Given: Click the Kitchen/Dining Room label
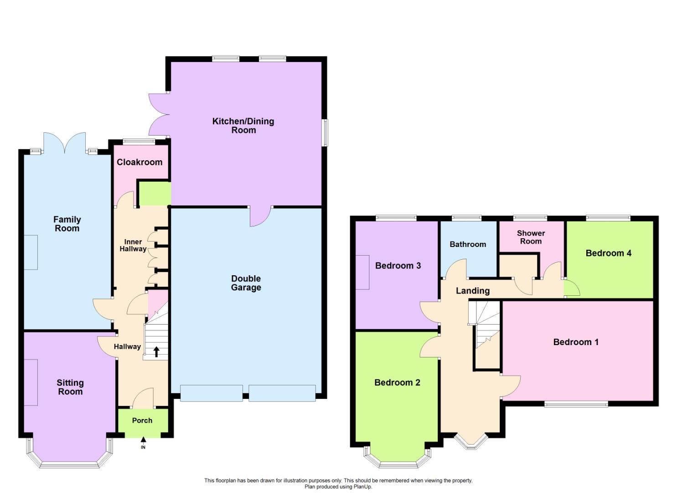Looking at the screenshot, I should click(243, 126).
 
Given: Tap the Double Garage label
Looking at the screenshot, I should click(246, 283).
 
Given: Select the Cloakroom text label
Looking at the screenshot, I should click(140, 162).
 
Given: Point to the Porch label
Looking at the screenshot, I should click(142, 420).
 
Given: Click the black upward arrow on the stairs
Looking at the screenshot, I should click(156, 351).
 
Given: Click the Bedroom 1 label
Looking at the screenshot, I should click(575, 342).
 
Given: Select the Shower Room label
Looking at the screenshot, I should click(531, 237).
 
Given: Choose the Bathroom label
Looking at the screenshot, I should click(468, 244).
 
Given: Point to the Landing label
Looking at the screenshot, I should click(473, 291).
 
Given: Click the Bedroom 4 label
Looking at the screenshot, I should click(608, 253).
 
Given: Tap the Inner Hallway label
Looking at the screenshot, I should click(133, 246).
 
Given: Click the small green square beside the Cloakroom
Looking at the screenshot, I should click(155, 194).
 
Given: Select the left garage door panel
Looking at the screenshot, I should click(211, 393).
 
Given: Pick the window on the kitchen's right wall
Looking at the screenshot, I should click(325, 133).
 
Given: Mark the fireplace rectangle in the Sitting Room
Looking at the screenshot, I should click(31, 382).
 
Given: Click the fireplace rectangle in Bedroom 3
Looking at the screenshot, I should click(363, 272).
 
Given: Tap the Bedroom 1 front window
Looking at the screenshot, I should click(576, 404).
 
